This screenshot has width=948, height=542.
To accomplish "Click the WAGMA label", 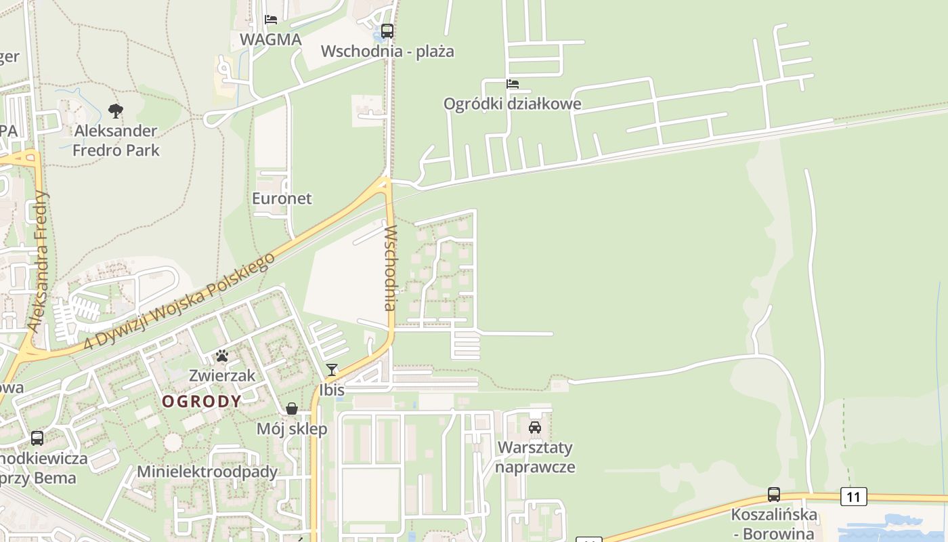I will (270, 39).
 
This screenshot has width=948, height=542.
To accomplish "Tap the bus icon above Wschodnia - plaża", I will (387, 30).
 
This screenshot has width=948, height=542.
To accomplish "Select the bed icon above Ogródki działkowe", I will (513, 84).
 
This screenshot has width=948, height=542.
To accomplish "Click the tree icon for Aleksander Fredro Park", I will (116, 110).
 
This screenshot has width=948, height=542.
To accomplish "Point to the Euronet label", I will (282, 199).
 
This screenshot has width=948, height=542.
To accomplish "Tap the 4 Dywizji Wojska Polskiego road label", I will (179, 302).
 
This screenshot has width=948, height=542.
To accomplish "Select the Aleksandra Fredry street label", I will (39, 261).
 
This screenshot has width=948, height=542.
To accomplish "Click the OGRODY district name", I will (201, 401).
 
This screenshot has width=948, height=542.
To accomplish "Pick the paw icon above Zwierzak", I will (221, 356).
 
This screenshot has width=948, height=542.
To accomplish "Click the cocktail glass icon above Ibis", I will (332, 370).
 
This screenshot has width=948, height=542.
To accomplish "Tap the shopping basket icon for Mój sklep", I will (292, 409).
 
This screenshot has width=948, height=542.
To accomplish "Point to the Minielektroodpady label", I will (207, 472).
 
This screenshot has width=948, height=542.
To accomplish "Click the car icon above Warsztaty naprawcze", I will (535, 428).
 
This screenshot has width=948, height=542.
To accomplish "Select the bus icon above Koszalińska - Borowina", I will (774, 495).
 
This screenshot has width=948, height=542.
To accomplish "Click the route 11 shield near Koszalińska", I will (853, 497).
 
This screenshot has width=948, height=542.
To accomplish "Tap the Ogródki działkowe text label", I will (512, 104).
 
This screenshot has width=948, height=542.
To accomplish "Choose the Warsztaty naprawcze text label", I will (535, 457).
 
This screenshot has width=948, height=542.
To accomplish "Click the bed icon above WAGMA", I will (271, 19).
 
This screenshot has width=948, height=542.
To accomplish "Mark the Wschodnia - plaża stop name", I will (387, 51).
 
